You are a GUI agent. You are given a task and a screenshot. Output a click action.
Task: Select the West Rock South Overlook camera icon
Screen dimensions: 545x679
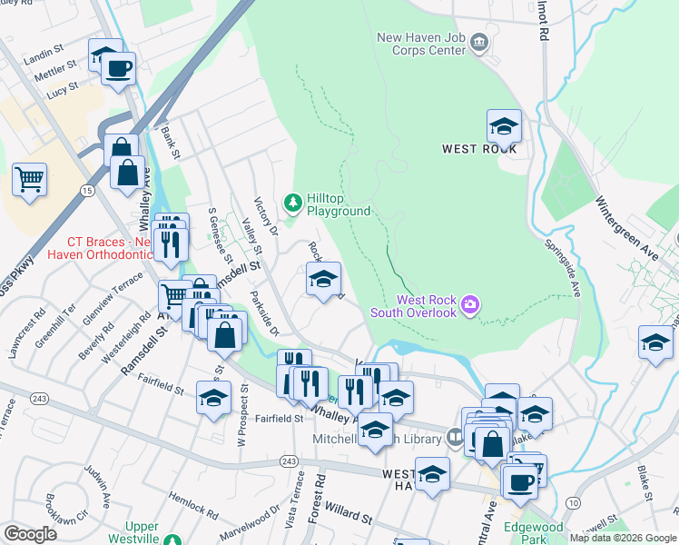[x=470, y=303]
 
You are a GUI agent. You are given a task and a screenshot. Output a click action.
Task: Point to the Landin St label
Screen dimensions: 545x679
[x=42, y=54]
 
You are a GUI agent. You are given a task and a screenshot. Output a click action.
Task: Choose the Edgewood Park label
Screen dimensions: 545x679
[x=534, y=533]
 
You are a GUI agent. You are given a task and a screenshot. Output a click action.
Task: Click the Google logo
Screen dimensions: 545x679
[x=30, y=534]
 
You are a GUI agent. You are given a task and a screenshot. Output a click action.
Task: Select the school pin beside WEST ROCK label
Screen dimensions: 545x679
[x=504, y=126]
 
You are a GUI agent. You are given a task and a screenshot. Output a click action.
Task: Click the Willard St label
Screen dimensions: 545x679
[x=349, y=515]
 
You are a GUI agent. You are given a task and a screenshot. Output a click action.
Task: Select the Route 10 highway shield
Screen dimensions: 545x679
[x=573, y=501]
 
